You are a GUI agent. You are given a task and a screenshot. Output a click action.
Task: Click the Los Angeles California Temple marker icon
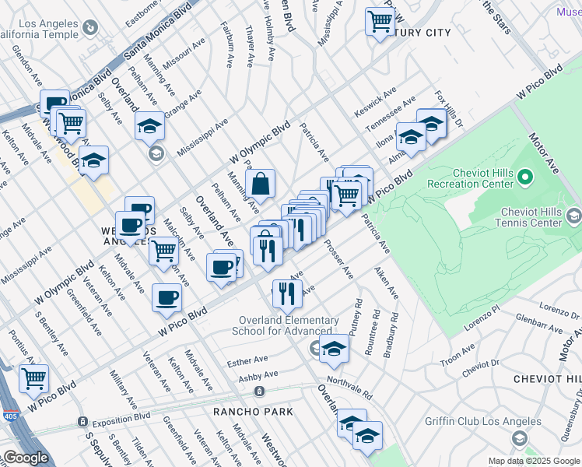91,29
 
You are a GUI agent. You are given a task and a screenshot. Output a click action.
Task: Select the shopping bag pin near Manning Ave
261,184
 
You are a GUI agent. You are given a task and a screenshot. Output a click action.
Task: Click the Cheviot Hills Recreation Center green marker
524,178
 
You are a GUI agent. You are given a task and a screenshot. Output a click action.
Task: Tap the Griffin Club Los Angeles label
483,422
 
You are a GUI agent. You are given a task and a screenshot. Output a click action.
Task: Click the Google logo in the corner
25,458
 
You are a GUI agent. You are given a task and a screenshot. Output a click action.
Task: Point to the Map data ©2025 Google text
533,461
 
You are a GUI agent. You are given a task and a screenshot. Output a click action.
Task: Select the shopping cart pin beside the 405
33,378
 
